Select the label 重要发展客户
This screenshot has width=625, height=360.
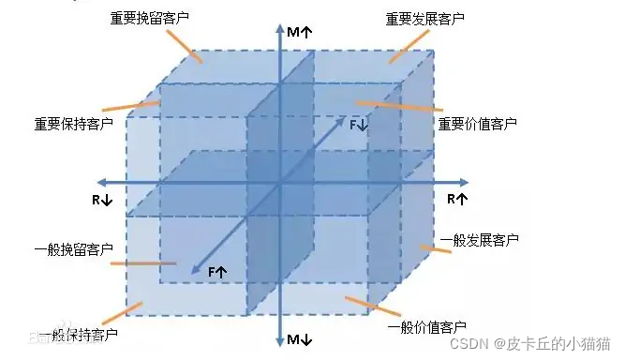tap(424, 18)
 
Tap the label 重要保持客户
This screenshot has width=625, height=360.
tap(71, 123)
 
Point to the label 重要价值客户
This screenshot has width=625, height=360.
tap(477, 123)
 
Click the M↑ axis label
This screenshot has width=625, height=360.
tap(301, 32)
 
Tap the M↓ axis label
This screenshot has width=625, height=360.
tap(301, 338)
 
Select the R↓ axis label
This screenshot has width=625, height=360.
tap(102, 200)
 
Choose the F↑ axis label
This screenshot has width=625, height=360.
tap(217, 271)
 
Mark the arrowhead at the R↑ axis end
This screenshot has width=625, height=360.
tap(466, 183)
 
